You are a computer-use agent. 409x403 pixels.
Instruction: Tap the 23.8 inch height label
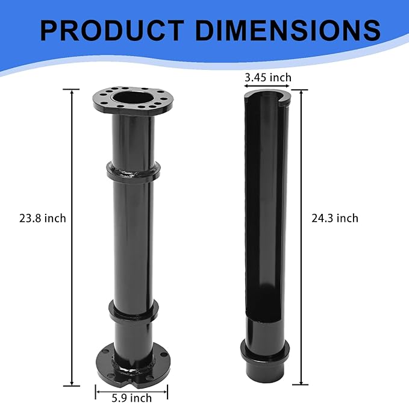tap(43, 219)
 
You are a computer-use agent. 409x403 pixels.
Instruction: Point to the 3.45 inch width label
tap(268, 77)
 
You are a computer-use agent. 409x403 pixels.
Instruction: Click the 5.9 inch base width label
tap(131, 398)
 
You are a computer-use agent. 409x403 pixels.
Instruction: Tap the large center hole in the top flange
tap(132, 96)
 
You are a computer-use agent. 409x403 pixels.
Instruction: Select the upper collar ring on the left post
tap(133, 171)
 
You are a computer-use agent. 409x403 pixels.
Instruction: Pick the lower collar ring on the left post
tap(133, 311)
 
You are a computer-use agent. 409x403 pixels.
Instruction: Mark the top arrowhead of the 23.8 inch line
tap(72, 91)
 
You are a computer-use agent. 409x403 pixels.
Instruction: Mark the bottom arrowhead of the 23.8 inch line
tap(72, 384)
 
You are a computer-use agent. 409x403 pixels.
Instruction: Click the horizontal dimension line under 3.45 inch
tap(267, 86)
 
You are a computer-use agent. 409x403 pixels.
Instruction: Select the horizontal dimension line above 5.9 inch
tap(131, 389)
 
